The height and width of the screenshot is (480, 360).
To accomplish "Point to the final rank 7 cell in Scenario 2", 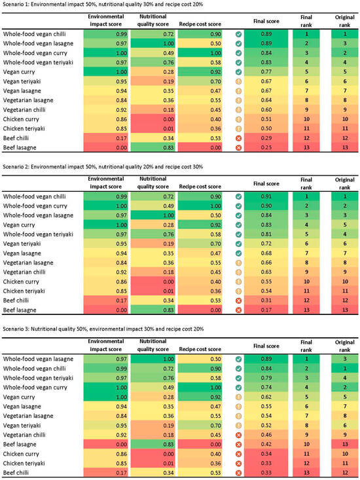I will [306, 253].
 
